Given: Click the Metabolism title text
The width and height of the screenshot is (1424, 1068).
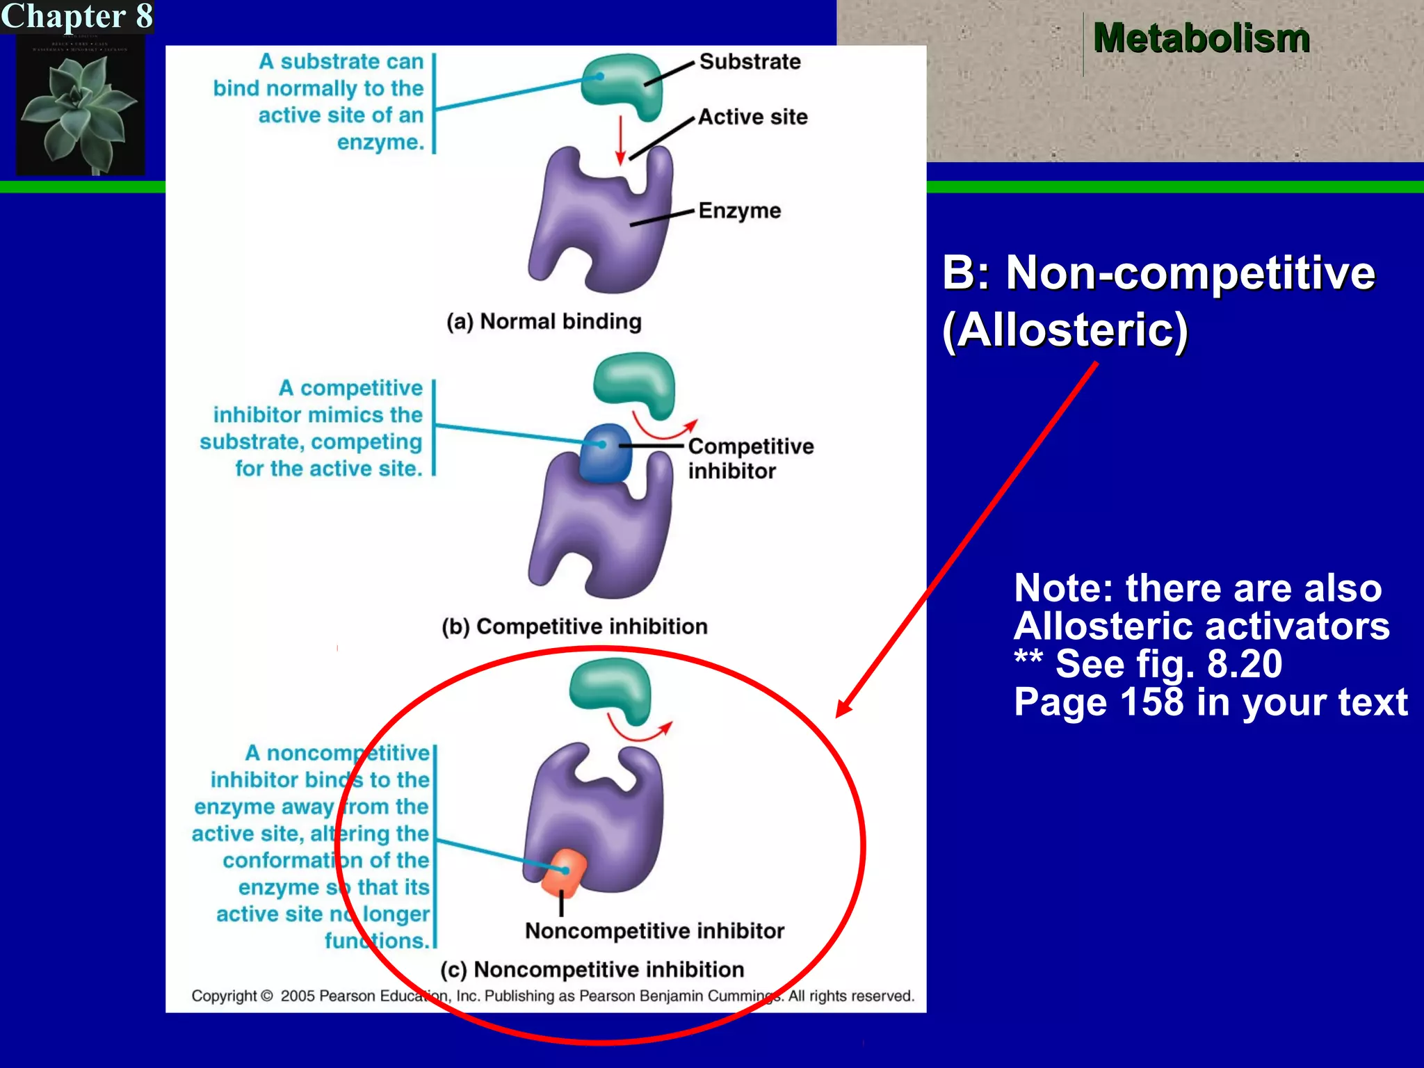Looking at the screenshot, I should pyautogui.click(x=1201, y=38).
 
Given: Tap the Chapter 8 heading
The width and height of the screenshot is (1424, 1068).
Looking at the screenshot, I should pyautogui.click(x=76, y=16).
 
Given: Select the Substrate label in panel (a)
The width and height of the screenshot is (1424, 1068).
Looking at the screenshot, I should pyautogui.click(x=750, y=62).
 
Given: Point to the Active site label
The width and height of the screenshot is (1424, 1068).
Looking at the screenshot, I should pyautogui.click(x=752, y=117).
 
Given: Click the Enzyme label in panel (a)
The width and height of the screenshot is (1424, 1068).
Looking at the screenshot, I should pyautogui.click(x=739, y=211).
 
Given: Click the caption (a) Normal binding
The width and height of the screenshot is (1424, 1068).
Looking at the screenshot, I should pyautogui.click(x=544, y=321).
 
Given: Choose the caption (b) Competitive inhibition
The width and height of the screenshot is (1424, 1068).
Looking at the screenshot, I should pyautogui.click(x=574, y=626).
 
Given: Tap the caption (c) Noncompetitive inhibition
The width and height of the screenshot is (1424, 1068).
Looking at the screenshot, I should pyautogui.click(x=592, y=969).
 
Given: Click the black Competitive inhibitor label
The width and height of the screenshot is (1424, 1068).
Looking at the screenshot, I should pyautogui.click(x=750, y=458).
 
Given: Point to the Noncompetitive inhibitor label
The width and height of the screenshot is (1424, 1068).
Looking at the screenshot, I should pyautogui.click(x=654, y=931).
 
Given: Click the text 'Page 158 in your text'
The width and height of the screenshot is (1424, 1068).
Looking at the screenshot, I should pyautogui.click(x=1210, y=702).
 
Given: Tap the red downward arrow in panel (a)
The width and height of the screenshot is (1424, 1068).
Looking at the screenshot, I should pyautogui.click(x=620, y=139).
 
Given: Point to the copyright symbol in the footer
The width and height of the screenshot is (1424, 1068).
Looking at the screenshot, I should pyautogui.click(x=267, y=996).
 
